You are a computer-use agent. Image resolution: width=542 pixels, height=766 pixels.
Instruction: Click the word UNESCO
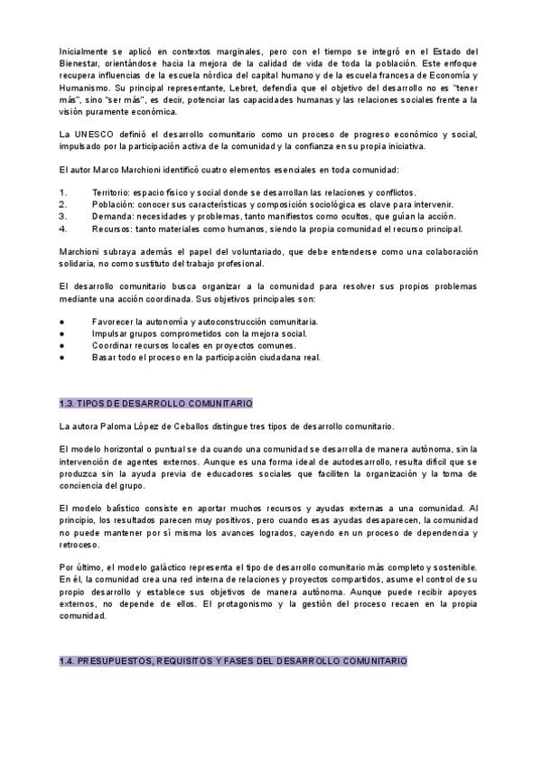89,134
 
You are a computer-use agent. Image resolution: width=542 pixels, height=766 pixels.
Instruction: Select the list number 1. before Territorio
62,192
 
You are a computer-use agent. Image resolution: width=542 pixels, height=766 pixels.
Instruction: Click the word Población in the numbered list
112,204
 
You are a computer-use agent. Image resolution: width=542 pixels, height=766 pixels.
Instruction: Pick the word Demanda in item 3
113,216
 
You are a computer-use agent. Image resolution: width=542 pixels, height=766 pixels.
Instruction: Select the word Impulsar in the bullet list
109,333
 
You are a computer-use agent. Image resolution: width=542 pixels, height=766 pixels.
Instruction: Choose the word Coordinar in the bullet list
113,345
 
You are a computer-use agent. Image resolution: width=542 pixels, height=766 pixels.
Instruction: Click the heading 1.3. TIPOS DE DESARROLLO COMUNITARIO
155,403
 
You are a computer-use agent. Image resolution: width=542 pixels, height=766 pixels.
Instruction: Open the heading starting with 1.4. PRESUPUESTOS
232,661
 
